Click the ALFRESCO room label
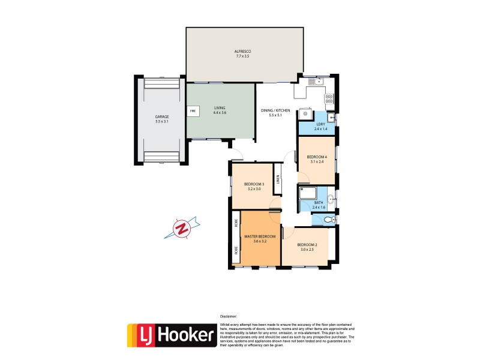pos(242,53)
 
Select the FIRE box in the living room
pos(193,111)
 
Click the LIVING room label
pos(220,110)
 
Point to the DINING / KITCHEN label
pos(275,112)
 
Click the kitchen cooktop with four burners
pos(329,100)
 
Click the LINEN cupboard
pos(278,179)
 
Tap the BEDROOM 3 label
pos(254,186)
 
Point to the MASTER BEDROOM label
pos(259,239)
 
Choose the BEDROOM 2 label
pos(306,246)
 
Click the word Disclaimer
pos(228,316)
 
